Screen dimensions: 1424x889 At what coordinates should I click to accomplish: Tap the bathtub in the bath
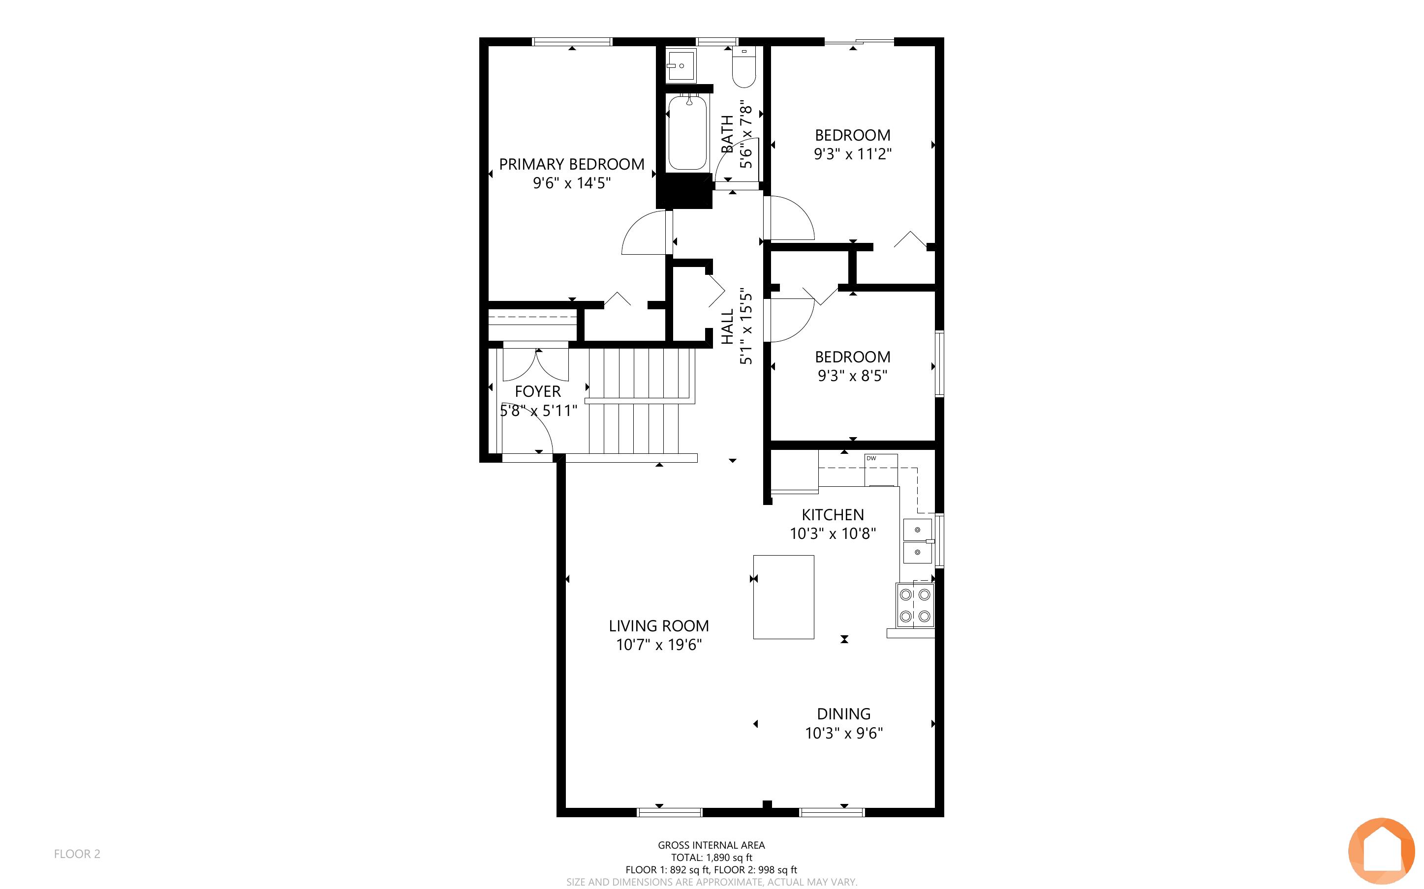(687, 133)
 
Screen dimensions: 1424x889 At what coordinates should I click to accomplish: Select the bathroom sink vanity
(681, 66)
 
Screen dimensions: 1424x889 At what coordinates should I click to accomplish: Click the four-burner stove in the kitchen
(915, 605)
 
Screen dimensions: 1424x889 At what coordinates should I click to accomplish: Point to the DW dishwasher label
(871, 458)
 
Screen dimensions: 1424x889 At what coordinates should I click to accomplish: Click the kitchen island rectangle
(783, 597)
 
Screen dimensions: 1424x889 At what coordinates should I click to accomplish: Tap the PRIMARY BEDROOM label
(572, 164)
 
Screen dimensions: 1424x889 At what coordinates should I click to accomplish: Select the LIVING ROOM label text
(659, 625)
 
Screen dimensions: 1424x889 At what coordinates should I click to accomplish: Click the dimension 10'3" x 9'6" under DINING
(844, 733)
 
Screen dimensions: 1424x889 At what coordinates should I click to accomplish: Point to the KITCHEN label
(833, 514)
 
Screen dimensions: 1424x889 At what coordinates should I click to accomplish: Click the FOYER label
(538, 391)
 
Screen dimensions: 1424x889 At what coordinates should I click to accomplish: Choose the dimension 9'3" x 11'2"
(853, 154)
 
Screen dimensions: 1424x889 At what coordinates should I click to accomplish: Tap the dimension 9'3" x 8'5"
(853, 375)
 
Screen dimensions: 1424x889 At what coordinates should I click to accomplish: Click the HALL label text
(728, 327)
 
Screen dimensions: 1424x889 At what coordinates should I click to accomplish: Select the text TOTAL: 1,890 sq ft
(712, 857)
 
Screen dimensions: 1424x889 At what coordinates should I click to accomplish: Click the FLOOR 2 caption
(77, 854)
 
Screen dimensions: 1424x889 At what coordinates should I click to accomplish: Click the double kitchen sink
(918, 541)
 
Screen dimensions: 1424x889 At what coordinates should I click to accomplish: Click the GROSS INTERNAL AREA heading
(712, 845)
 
